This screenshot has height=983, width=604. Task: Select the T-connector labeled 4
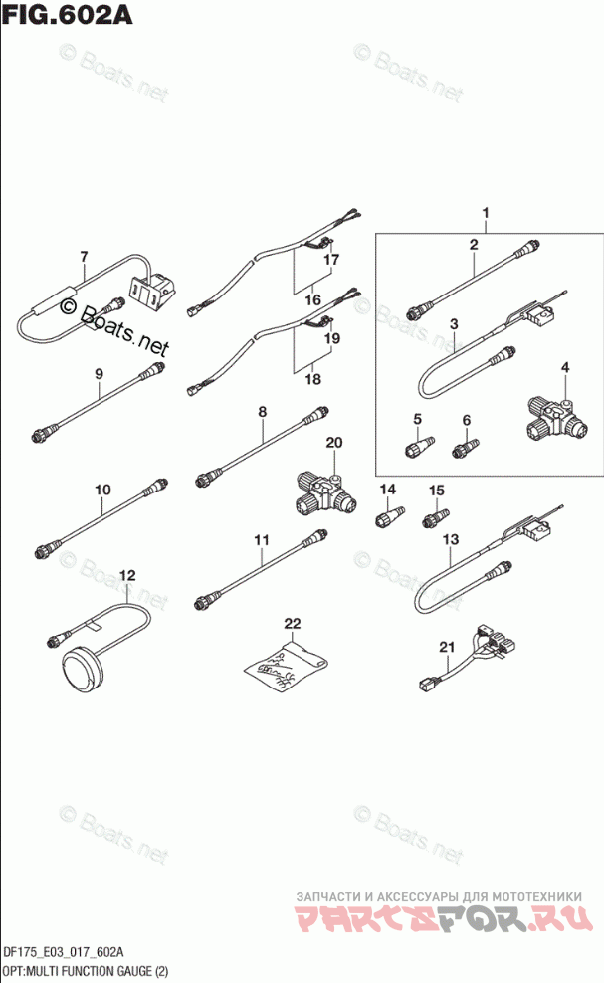543,416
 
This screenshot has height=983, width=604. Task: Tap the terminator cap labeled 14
386,516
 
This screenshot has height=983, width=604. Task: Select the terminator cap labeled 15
435,516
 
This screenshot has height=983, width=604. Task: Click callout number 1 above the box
487,214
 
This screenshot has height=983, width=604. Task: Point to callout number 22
291,624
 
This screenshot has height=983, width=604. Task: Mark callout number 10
103,489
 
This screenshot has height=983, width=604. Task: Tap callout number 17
331,260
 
